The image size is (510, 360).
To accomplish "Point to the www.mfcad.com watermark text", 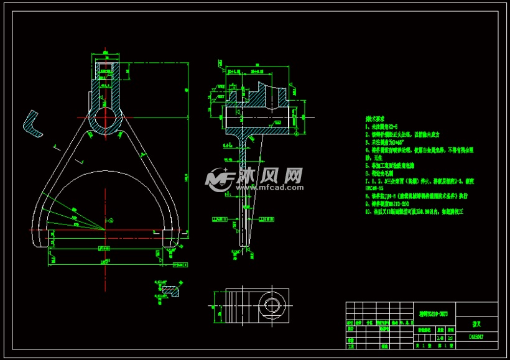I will pos(267,187).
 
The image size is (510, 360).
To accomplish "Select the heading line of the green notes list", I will pos(376,118).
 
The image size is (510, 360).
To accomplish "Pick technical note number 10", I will pos(414,212).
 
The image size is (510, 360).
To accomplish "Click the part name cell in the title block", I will pos(476,324).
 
